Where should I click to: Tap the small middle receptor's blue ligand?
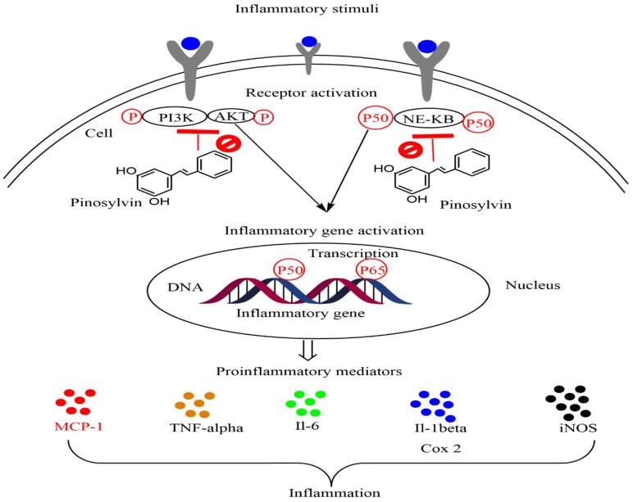[x=308, y=42]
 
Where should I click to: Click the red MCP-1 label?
[x=71, y=429]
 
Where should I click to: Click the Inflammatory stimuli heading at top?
[x=316, y=11]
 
